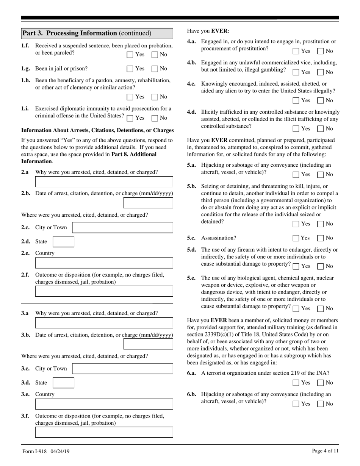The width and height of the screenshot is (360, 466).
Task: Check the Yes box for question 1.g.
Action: [x=130, y=69]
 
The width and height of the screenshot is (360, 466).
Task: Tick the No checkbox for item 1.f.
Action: [x=155, y=55]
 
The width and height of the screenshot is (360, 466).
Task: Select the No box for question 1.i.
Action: [x=155, y=118]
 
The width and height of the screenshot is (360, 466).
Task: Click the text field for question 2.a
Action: [x=104, y=182]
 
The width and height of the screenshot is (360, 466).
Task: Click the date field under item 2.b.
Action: [x=148, y=203]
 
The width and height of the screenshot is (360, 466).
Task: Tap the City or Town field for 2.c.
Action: [x=122, y=228]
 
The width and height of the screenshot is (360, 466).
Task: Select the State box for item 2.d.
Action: [x=63, y=242]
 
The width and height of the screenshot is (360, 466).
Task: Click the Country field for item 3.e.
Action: [x=104, y=404]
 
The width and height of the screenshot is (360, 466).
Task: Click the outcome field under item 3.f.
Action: [x=104, y=432]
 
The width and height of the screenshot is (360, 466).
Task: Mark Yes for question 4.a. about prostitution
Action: [x=296, y=51]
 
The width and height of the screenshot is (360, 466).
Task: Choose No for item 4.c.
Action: [x=321, y=101]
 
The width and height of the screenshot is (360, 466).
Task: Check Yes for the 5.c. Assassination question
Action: [x=296, y=238]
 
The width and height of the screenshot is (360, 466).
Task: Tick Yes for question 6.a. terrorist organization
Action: [x=296, y=383]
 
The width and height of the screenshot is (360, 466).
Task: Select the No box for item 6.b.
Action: [x=321, y=404]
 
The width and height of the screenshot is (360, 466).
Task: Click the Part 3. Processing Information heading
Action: [x=87, y=33]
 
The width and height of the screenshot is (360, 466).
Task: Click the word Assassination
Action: [x=219, y=238]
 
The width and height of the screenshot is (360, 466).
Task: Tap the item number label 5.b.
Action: [x=191, y=186]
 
